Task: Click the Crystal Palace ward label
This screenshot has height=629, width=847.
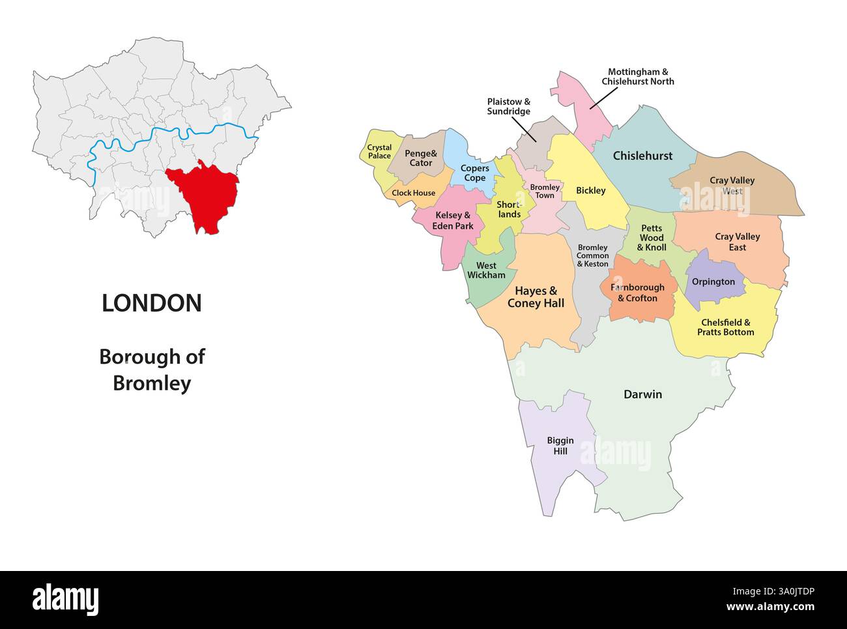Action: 379,152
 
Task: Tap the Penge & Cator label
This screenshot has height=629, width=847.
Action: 420,158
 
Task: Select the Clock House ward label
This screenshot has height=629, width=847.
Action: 413,193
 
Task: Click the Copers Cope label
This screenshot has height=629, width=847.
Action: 474,173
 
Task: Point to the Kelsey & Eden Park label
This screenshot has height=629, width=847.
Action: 453,220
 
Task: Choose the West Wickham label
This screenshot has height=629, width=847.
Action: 486,271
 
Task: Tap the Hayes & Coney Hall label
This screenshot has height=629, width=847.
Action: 536,297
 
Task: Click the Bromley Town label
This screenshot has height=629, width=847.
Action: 545,192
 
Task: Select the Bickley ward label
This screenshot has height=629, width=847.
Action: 590,190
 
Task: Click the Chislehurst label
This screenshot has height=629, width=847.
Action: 642,156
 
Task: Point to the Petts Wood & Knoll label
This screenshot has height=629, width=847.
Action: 652,238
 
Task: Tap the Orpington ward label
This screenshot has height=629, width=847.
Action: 713,282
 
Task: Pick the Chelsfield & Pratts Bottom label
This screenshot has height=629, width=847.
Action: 725,327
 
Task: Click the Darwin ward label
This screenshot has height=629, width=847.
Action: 642,394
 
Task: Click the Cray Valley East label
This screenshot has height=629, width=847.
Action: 737,242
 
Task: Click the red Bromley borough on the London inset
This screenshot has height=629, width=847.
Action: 205,196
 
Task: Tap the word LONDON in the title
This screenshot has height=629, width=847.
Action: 152,303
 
